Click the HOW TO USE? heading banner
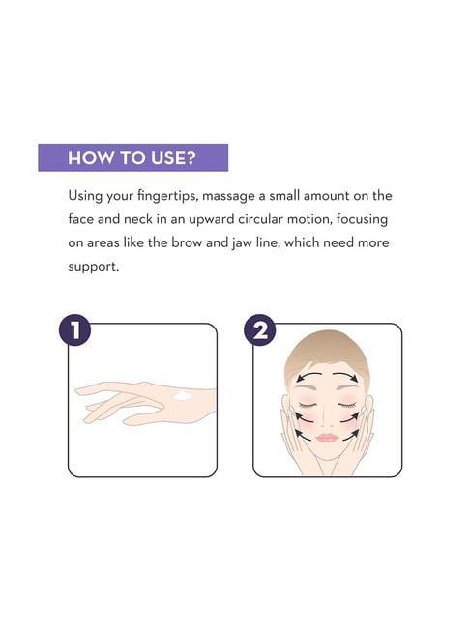point(132,157)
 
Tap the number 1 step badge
point(74,330)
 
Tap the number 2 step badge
point(260,330)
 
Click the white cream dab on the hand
point(183,395)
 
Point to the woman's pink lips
point(327,438)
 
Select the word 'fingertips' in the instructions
point(167,196)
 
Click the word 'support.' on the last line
point(93,267)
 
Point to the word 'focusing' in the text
point(362,220)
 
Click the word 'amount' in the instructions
point(326,196)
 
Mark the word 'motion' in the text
point(309,219)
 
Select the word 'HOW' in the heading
point(84,157)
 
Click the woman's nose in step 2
point(327,419)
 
